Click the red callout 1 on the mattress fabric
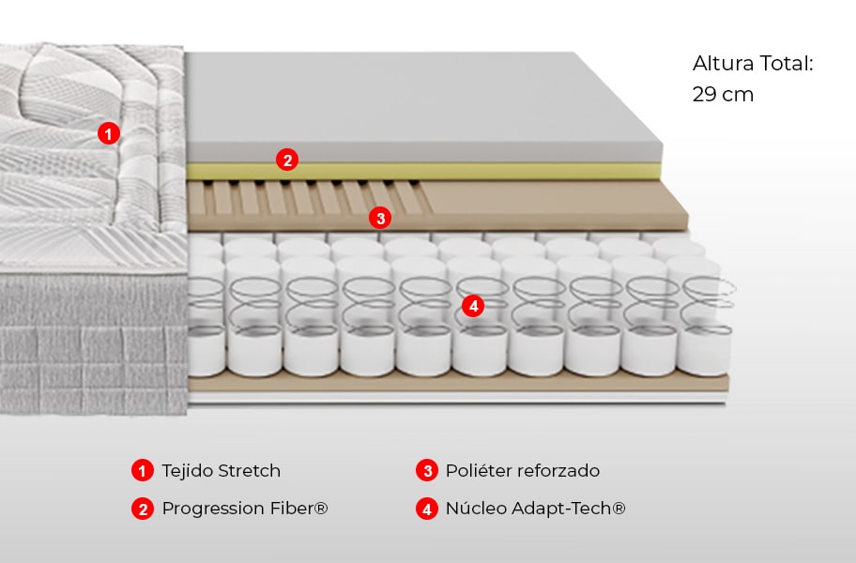tap(109, 134)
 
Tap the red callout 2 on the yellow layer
tap(287, 160)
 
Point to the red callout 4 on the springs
tap(473, 306)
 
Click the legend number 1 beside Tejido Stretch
tap(142, 471)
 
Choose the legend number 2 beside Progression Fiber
tap(142, 510)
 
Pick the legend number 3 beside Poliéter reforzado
tap(427, 471)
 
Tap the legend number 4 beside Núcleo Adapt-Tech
tap(427, 510)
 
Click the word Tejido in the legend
tap(187, 471)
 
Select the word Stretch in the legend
tap(249, 471)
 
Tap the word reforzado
tap(558, 471)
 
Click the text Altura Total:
tap(752, 64)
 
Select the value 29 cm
tap(723, 95)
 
